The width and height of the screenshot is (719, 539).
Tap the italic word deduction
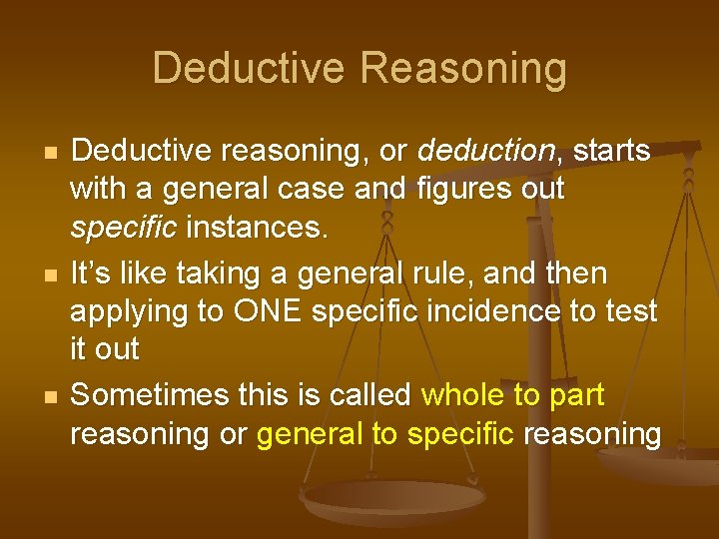click(x=486, y=152)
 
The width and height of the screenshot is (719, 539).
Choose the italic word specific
click(x=122, y=230)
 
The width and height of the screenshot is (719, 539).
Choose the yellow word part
click(x=577, y=395)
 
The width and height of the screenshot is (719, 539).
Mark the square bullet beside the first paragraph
click(x=37, y=154)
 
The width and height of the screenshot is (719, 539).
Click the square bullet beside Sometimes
click(x=37, y=397)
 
